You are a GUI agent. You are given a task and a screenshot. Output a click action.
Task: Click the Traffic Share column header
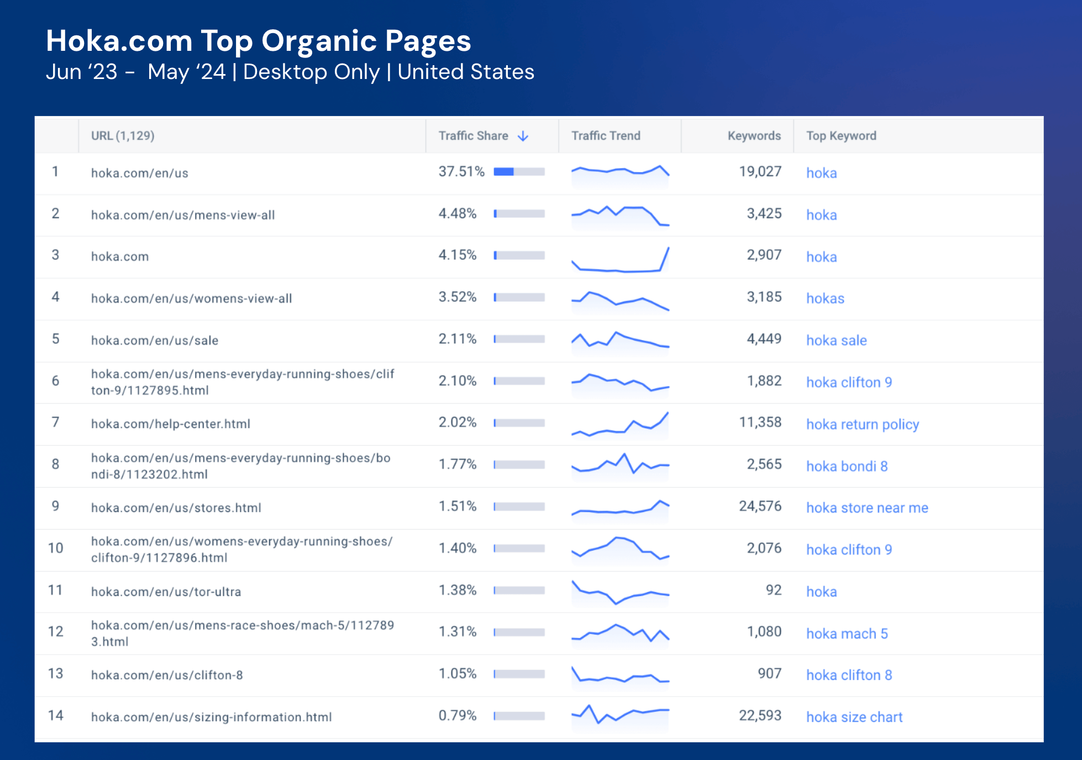[x=473, y=136]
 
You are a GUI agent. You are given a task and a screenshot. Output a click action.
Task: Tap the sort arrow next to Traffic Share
[x=523, y=136]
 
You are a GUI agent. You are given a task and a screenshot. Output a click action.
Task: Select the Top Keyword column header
[x=841, y=136]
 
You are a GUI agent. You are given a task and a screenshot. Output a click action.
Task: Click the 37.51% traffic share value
[x=461, y=172]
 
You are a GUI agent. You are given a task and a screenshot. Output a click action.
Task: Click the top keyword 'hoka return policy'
[x=862, y=424]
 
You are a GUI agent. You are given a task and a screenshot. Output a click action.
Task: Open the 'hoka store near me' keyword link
[x=866, y=508]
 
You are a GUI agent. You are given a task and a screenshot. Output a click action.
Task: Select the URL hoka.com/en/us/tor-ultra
[x=166, y=592]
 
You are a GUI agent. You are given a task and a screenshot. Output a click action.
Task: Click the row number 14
[x=55, y=716]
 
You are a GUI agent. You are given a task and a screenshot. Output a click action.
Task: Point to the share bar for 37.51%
[x=519, y=172]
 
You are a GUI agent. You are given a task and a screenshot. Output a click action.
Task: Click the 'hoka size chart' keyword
[x=854, y=717]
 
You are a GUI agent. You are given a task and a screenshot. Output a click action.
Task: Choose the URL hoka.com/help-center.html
[x=170, y=424]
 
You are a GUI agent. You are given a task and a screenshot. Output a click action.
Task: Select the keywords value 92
[x=773, y=590]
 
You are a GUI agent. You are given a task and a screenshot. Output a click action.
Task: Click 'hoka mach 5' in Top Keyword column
[x=847, y=634]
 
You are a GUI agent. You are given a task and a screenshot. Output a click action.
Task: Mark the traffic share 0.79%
[x=457, y=716]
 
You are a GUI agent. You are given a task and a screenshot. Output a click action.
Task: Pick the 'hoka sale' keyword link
[x=836, y=340]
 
